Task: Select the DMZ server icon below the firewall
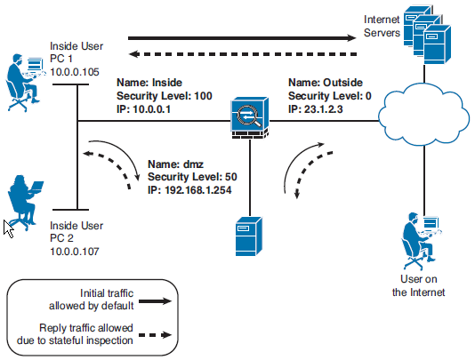246,236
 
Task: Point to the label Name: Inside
151,81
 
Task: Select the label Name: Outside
325,81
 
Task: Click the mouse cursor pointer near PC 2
8,227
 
